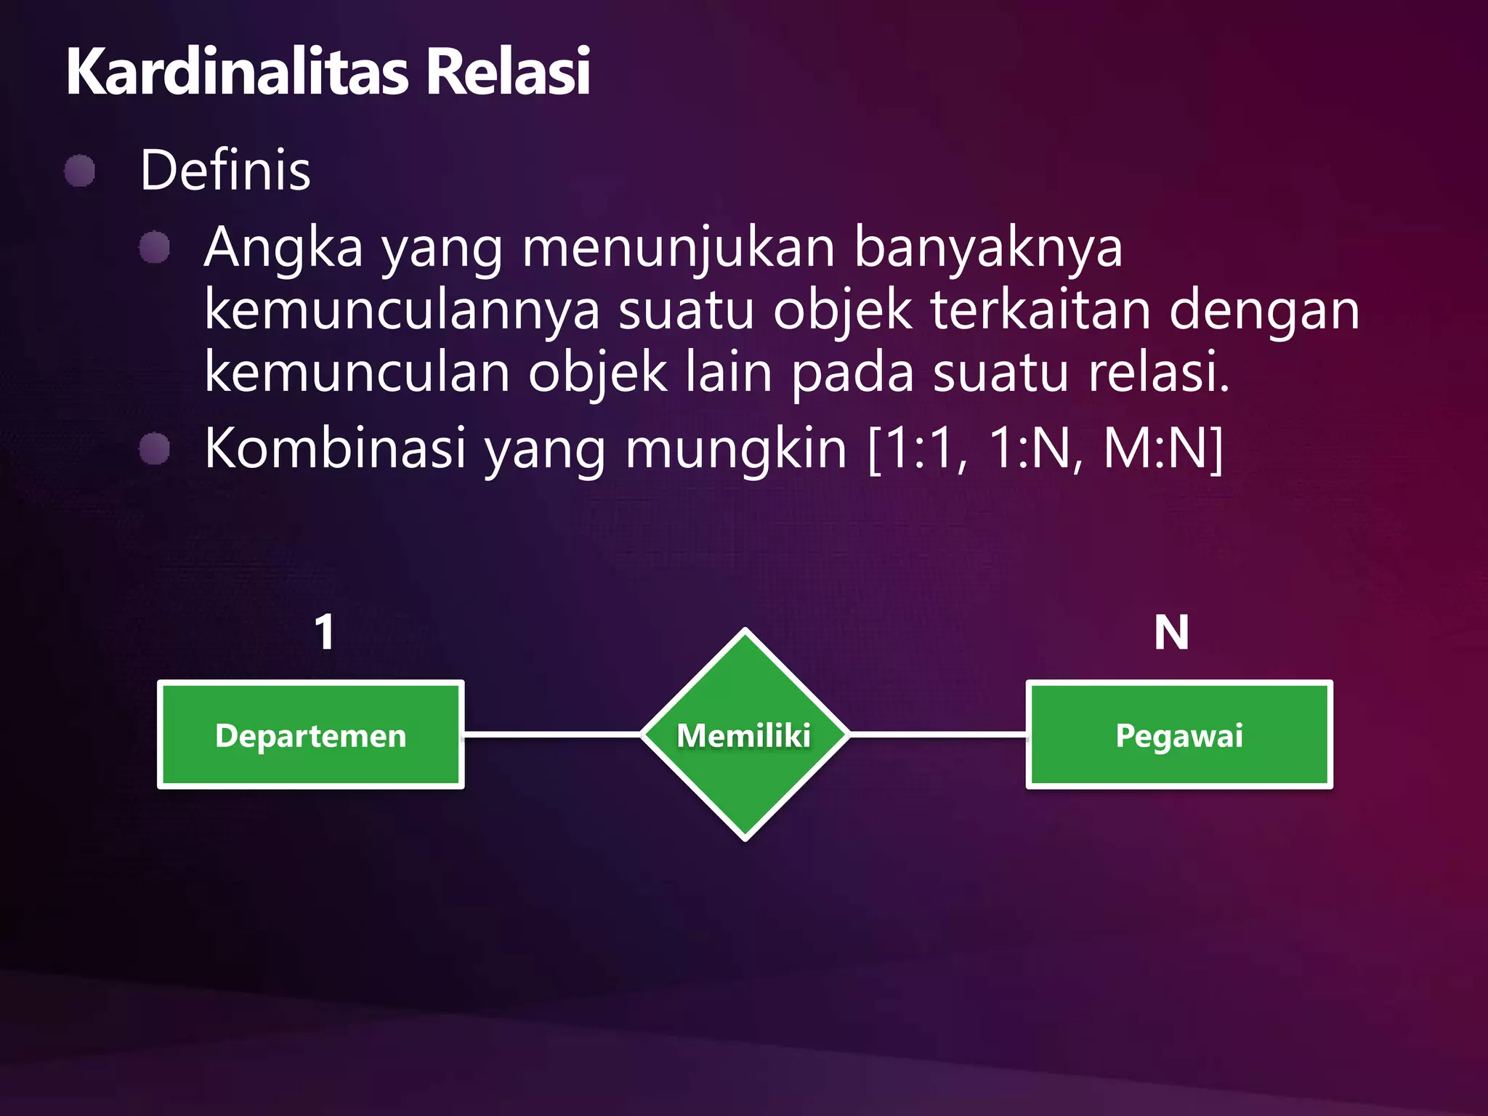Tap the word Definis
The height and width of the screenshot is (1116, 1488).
pyautogui.click(x=225, y=170)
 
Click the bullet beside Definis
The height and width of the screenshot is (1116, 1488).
pyautogui.click(x=80, y=171)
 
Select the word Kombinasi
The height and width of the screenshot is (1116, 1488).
pyautogui.click(x=335, y=448)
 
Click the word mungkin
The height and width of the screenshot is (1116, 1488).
pyautogui.click(x=735, y=448)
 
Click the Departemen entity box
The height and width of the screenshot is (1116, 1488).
pyautogui.click(x=311, y=735)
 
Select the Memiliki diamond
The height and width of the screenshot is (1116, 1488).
pyautogui.click(x=745, y=735)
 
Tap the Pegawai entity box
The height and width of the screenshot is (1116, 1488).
pyautogui.click(x=1179, y=735)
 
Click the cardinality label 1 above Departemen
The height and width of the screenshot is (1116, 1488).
pyautogui.click(x=325, y=632)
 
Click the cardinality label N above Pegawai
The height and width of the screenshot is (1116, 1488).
pyautogui.click(x=1171, y=632)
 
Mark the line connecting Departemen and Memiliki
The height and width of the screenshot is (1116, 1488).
pyautogui.click(x=552, y=735)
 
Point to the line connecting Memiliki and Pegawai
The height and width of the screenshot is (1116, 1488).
pyautogui.click(x=937, y=735)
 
